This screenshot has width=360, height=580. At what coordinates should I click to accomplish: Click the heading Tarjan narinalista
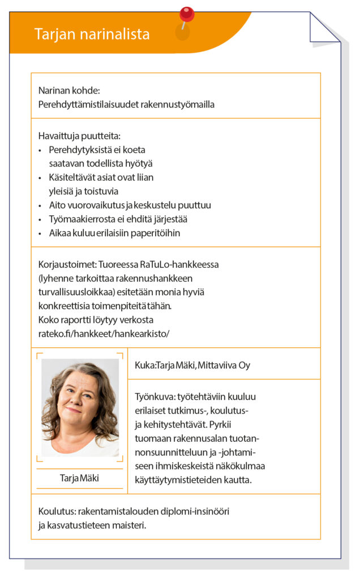click(x=92, y=34)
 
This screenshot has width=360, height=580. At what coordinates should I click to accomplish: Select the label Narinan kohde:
click(x=69, y=91)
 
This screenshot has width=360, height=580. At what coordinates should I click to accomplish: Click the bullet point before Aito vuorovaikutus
click(x=40, y=206)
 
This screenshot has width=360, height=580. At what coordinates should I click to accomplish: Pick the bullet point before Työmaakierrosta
click(x=40, y=219)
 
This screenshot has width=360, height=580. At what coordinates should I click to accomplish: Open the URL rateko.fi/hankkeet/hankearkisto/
click(x=104, y=334)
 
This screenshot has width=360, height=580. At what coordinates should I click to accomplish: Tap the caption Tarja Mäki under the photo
click(x=79, y=478)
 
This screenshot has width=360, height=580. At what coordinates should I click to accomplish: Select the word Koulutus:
click(x=58, y=511)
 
